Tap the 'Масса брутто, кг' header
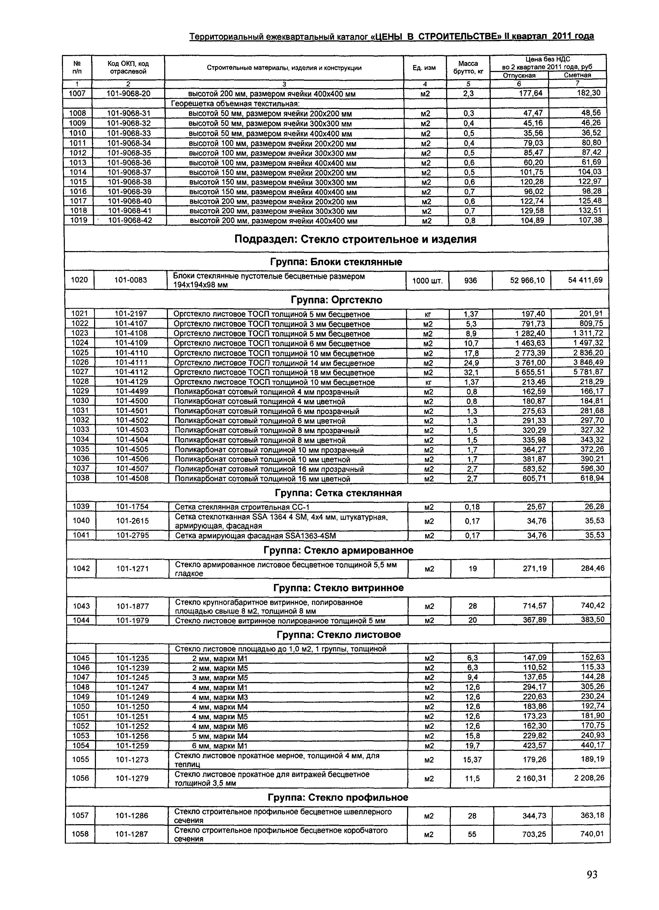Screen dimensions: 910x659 tap(468, 68)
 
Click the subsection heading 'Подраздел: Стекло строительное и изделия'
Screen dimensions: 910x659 tap(355, 240)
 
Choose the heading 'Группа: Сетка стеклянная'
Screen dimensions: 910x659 tap(338, 493)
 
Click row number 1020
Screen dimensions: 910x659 tap(79, 280)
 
